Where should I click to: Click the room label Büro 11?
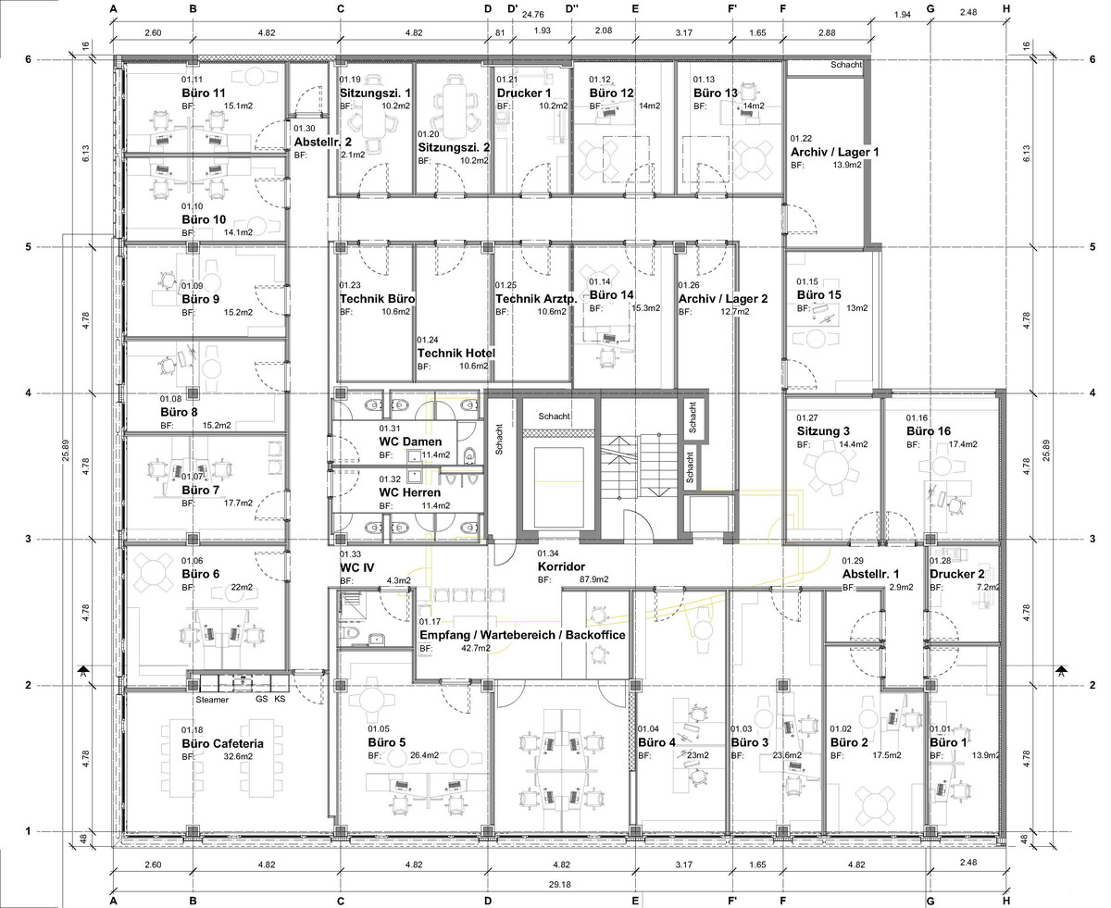(x=204, y=93)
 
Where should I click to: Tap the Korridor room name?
(x=561, y=566)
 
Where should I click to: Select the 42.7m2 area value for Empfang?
(x=476, y=648)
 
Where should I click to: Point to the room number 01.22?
(x=801, y=139)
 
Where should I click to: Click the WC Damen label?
(x=410, y=442)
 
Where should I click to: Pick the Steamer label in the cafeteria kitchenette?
(x=212, y=700)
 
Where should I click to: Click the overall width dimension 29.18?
(x=559, y=884)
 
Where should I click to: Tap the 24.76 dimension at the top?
(x=532, y=15)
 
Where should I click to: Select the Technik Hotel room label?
(x=456, y=353)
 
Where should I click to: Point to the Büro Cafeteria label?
(x=222, y=743)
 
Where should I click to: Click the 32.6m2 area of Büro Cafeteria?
(x=238, y=756)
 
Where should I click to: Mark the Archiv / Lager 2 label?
(x=723, y=299)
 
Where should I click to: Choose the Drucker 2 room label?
(x=956, y=574)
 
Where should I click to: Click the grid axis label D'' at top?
(x=572, y=8)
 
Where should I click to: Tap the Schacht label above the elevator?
(x=554, y=417)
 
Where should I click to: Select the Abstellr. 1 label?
(x=871, y=574)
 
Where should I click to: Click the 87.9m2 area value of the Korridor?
(x=593, y=579)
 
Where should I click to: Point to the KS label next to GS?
(x=280, y=699)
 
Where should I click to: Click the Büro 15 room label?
(x=818, y=295)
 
